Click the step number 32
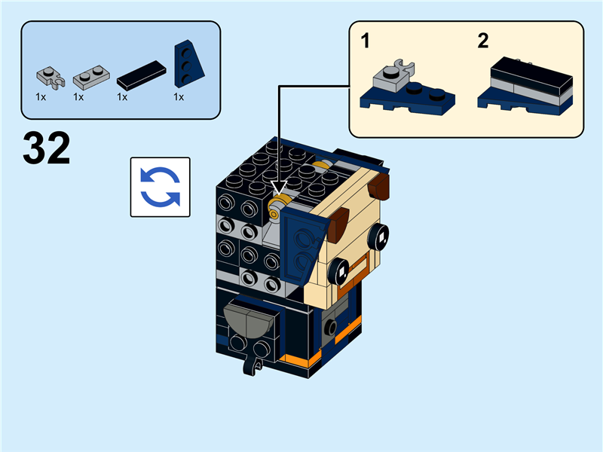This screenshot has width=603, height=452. [47, 148]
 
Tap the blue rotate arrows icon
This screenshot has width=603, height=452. [160, 187]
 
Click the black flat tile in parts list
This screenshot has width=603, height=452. [141, 74]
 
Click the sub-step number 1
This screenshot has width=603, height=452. [366, 41]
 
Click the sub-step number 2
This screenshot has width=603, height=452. [483, 41]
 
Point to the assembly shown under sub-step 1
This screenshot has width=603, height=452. [407, 89]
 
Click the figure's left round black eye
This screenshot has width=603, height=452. [341, 270]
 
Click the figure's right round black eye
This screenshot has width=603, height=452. [380, 240]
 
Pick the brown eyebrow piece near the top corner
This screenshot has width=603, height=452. [381, 185]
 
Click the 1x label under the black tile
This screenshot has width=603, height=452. [122, 97]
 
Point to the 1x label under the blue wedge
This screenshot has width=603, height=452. [179, 97]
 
